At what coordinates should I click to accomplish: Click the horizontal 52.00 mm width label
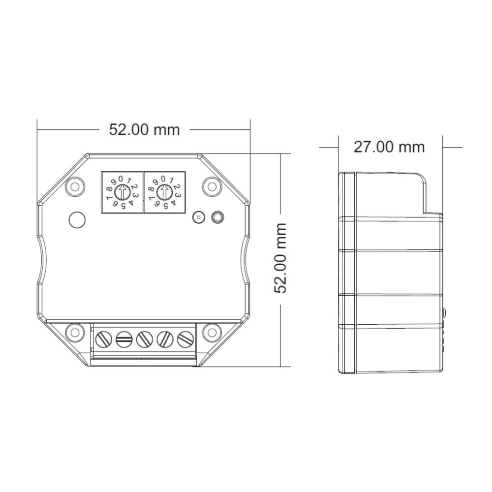coord(144,129)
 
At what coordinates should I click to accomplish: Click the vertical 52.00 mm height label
coord(280,258)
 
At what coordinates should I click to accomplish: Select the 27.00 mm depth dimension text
coord(389,147)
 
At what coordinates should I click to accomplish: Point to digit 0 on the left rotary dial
coord(121,179)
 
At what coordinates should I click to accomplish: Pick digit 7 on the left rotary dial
coord(109,198)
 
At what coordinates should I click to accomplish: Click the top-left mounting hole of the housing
coord(75,186)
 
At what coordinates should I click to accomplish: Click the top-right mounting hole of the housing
coord(212,186)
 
